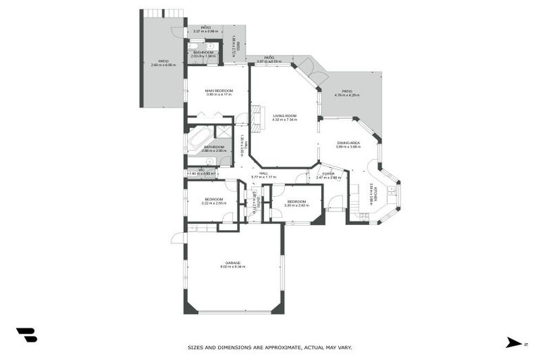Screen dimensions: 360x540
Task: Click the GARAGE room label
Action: click(233, 263)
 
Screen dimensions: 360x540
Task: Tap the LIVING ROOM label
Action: click(285, 116)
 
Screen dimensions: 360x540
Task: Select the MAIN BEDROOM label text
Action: click(219, 91)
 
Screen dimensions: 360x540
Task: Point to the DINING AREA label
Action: click(347, 143)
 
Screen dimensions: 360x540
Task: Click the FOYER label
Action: click(328, 174)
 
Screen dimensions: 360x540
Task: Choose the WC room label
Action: click(201, 169)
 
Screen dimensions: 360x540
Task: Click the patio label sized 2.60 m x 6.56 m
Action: click(163, 61)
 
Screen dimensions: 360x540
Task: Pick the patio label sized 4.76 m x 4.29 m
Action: click(347, 91)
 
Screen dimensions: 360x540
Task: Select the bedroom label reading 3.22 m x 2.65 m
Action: click(214, 200)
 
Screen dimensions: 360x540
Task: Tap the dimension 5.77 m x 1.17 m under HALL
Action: click(264, 177)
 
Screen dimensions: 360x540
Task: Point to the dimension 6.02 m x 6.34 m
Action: click(233, 267)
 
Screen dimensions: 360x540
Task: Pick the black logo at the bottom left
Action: click(27, 335)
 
